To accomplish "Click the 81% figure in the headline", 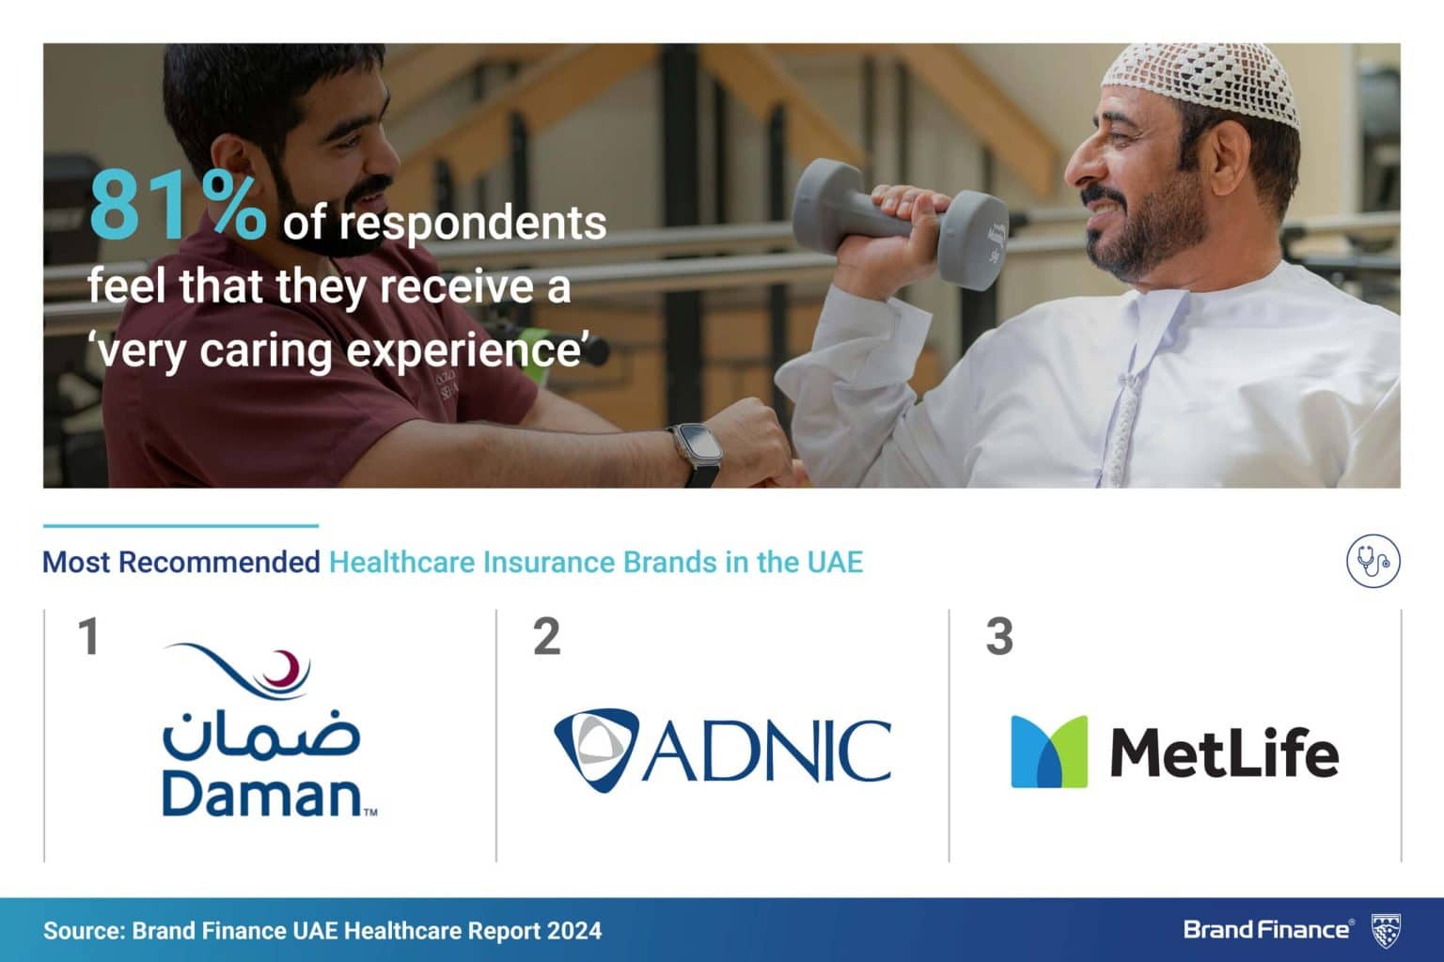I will [178, 208].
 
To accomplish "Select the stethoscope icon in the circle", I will [1373, 562].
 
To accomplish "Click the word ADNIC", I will [766, 752].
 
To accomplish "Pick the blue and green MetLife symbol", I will [1048, 752].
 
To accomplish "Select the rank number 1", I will [89, 637].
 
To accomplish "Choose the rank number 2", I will [546, 637].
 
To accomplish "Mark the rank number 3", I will [999, 637].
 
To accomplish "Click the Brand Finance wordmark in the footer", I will [1266, 930].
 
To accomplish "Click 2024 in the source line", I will [572, 931].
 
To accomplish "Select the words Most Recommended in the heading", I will [181, 563].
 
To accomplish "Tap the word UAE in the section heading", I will [834, 563].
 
